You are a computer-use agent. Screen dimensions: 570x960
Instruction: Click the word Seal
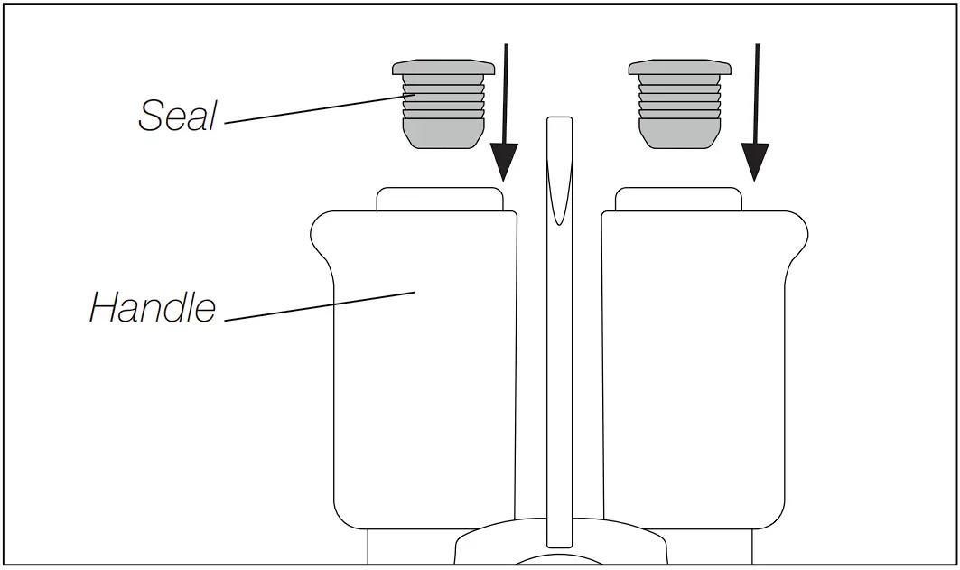[x=178, y=115]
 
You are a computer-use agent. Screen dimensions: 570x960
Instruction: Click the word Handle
[x=153, y=308]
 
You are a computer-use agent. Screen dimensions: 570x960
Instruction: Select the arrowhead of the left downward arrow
[x=505, y=163]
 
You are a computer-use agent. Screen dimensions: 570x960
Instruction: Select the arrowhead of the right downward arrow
[x=755, y=163]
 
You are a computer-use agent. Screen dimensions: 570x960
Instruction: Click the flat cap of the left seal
[x=443, y=68]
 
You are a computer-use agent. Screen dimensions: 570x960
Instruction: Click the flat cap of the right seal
[x=679, y=68]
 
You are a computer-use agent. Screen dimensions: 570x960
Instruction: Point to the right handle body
[x=695, y=379]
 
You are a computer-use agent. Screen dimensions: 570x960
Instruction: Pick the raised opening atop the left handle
[x=440, y=199]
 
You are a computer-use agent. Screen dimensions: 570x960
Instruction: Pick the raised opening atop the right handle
[x=677, y=199]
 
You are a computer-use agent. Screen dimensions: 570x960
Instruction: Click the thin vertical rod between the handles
[x=560, y=361]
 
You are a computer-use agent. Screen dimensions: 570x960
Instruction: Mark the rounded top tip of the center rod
[x=560, y=122]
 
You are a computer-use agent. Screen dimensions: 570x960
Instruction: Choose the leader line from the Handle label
[x=316, y=306]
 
